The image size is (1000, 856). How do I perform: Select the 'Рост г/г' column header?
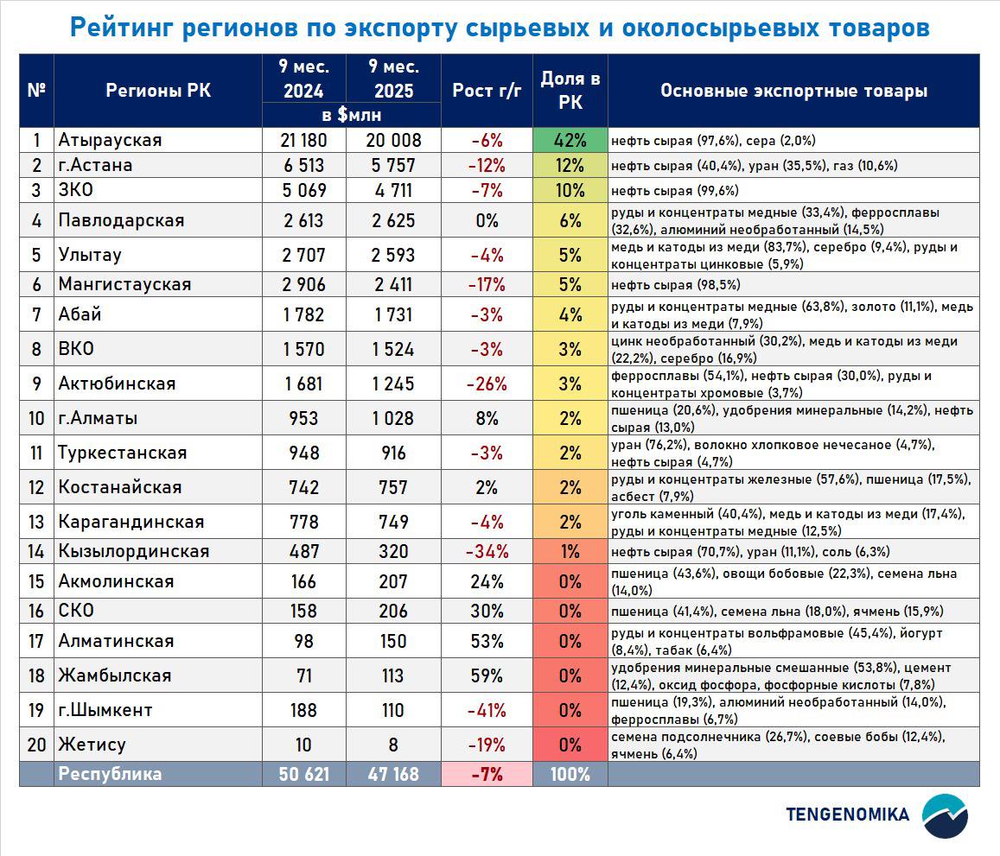coord(487,91)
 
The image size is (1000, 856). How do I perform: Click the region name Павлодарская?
coord(121,220)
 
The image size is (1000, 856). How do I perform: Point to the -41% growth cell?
coord(487,710)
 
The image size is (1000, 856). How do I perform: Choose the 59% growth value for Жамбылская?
coord(487,675)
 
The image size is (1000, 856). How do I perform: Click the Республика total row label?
coord(110,774)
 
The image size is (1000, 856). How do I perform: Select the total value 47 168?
coord(393,774)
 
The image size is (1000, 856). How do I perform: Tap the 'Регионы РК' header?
coord(157,91)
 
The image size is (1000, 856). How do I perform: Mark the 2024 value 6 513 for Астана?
coord(303,166)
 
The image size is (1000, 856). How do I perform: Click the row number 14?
coord(36,551)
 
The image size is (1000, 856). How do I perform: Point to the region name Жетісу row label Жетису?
coord(92,745)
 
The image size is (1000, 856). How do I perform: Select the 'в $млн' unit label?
coord(351,115)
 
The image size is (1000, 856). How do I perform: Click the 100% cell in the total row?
coord(570,774)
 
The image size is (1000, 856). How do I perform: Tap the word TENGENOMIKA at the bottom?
coord(847,815)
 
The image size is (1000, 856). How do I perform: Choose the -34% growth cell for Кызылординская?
coord(487,551)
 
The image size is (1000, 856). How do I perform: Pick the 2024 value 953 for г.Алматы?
coord(303,419)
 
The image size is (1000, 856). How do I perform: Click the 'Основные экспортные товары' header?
coord(793,91)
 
